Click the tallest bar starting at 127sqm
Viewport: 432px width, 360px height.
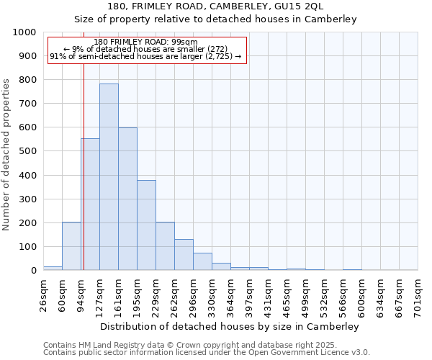[x=109, y=176]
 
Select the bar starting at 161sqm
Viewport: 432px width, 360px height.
[x=127, y=199]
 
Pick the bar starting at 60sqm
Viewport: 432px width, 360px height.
[x=71, y=246]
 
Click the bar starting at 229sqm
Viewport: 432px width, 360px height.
[x=165, y=246]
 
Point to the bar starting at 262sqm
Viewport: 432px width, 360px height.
[x=184, y=254]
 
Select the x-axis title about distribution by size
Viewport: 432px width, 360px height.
[x=229, y=326]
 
